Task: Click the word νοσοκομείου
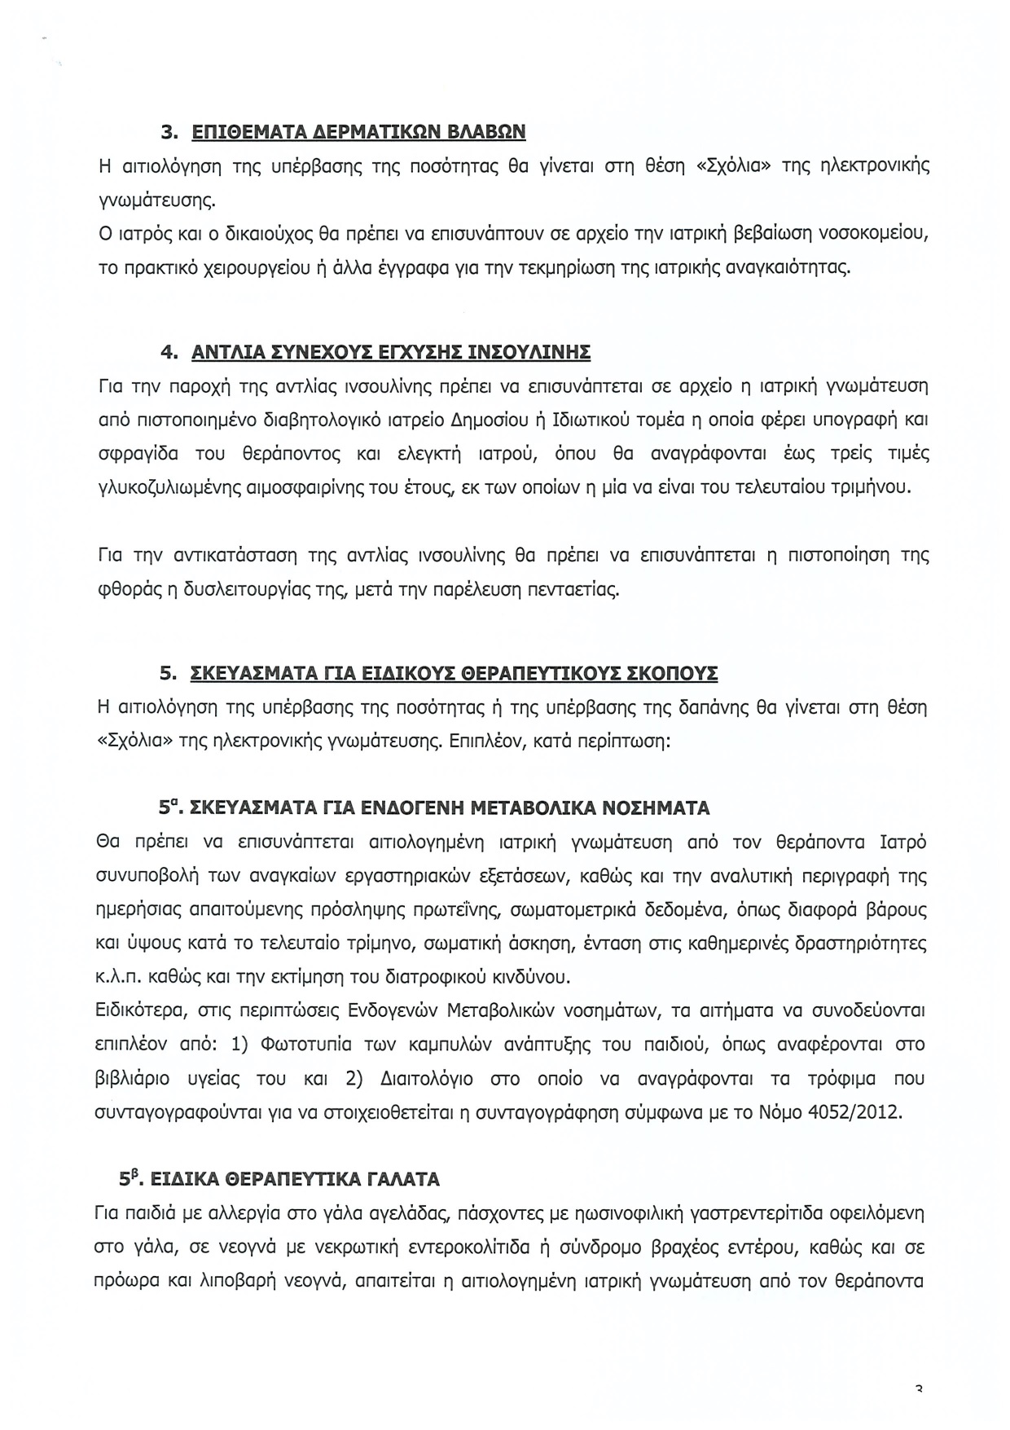[x=876, y=234]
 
